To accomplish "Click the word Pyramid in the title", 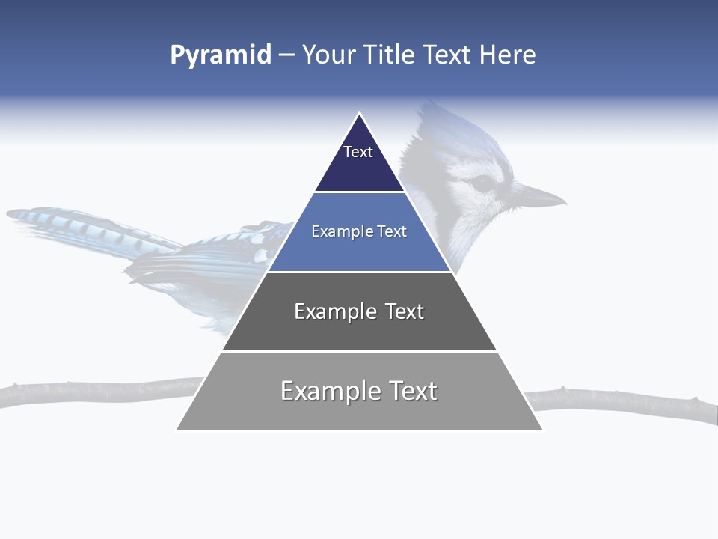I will tap(221, 55).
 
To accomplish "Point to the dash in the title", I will tap(286, 55).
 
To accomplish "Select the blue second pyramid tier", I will tap(359, 251).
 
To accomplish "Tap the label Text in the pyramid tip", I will tap(358, 152).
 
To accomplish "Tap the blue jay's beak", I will tap(542, 198).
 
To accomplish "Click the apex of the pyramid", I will tap(360, 114).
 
